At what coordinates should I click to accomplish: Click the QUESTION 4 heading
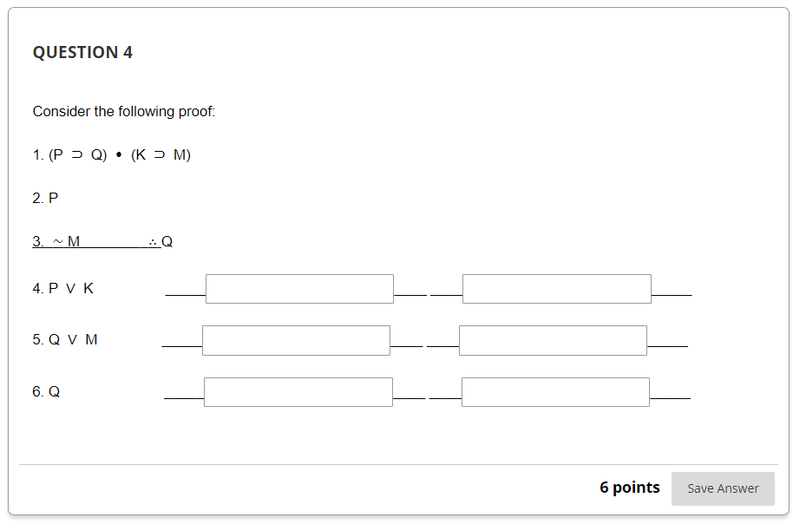pyautogui.click(x=82, y=52)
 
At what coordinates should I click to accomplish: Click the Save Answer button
pyautogui.click(x=723, y=488)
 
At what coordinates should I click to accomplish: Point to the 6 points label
pyautogui.click(x=629, y=488)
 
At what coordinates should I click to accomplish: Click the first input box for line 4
pyautogui.click(x=299, y=289)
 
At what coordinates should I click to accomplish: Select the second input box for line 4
pyautogui.click(x=556, y=289)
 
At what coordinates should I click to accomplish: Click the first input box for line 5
pyautogui.click(x=296, y=340)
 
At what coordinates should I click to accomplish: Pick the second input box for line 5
pyautogui.click(x=553, y=340)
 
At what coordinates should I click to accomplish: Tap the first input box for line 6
pyautogui.click(x=298, y=392)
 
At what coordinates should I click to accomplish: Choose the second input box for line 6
pyautogui.click(x=555, y=392)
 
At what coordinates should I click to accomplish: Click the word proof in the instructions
pyautogui.click(x=195, y=111)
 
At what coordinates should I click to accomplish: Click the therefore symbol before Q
pyautogui.click(x=152, y=242)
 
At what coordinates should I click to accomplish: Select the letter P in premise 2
pyautogui.click(x=54, y=199)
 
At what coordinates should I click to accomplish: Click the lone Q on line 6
pyautogui.click(x=55, y=392)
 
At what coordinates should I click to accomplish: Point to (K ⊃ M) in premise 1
pyautogui.click(x=161, y=155)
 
